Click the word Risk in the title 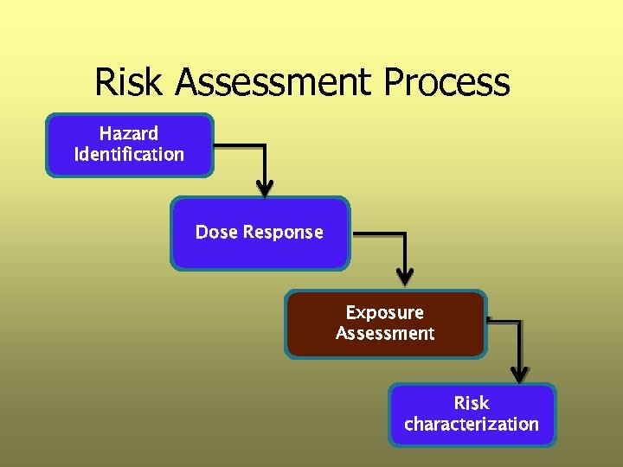pos(130,82)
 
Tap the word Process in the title pos(446,82)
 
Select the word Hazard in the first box pos(129,134)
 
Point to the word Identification pos(129,155)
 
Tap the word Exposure pos(385,312)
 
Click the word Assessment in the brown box pos(385,333)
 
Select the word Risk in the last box pos(472,403)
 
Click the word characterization pos(472,424)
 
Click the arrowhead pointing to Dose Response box pos(265,188)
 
